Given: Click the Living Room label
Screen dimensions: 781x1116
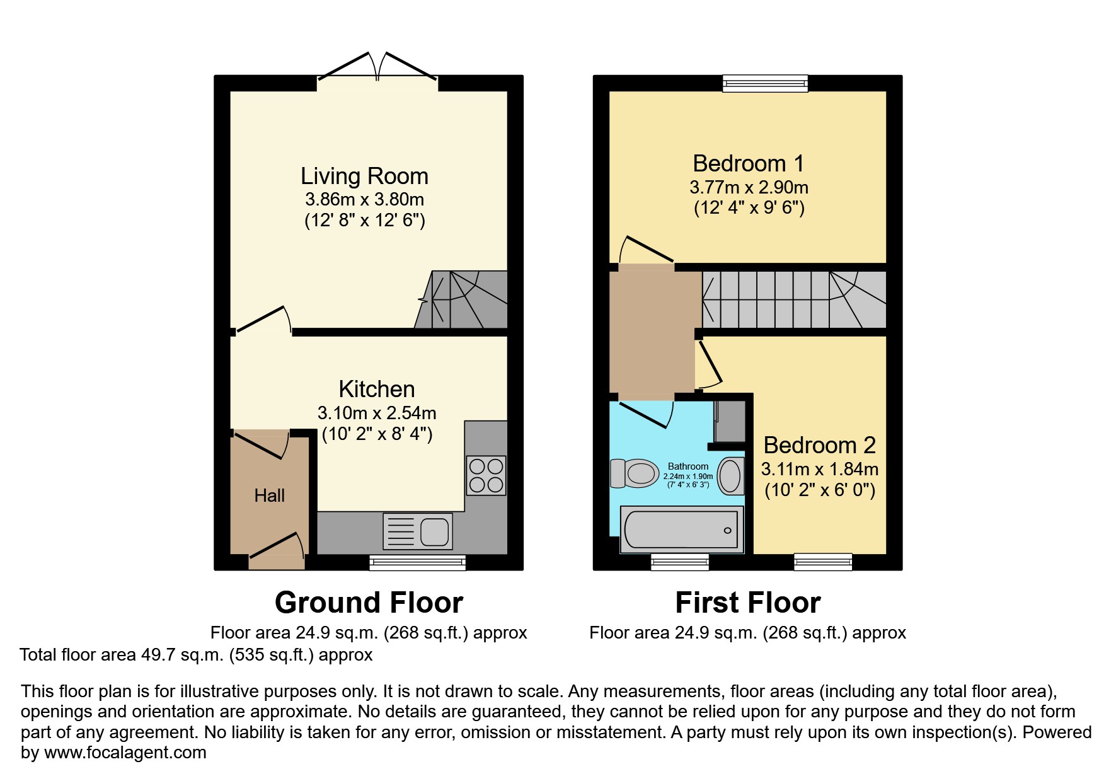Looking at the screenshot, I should (364, 176).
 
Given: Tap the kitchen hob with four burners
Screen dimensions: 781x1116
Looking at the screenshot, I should (486, 475).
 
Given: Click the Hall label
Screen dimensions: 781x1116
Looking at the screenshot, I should (269, 495).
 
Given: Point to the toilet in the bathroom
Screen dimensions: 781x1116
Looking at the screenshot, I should (634, 473).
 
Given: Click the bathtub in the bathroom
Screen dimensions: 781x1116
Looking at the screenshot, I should (681, 529).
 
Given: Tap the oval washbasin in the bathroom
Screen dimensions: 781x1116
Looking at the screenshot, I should (730, 475).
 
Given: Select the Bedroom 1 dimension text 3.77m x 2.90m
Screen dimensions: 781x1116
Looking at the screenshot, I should (749, 187).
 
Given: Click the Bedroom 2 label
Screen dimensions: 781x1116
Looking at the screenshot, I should (819, 445).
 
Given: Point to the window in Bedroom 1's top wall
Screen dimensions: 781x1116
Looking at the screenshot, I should (764, 83).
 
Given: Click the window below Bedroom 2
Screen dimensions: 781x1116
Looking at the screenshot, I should (823, 561).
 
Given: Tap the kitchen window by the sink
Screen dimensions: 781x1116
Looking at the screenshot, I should (417, 562).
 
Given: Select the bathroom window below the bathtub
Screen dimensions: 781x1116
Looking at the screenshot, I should (679, 561).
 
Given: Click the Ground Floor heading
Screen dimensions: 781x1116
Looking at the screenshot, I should (369, 603).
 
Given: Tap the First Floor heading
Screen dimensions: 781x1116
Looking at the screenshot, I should (747, 603).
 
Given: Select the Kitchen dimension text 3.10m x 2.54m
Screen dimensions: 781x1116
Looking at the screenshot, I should (377, 413).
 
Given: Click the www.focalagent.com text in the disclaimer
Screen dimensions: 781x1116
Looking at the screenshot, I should (125, 753).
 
